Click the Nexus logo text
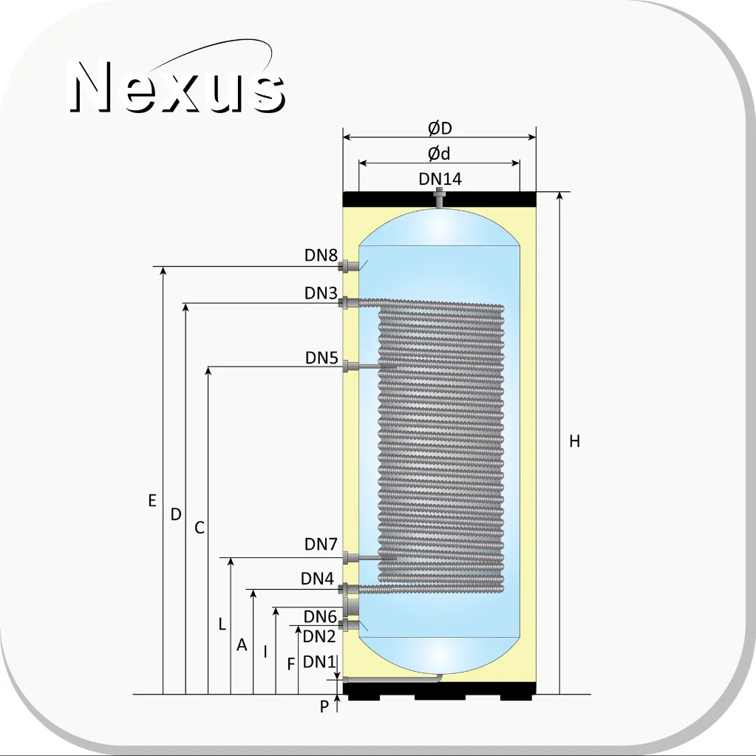click(177, 86)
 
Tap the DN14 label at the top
click(440, 179)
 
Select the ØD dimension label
click(440, 129)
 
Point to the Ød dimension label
click(439, 154)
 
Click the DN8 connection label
click(321, 255)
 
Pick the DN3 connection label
click(321, 293)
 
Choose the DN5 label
click(321, 358)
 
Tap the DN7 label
click(321, 544)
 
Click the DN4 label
click(317, 579)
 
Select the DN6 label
click(320, 616)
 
